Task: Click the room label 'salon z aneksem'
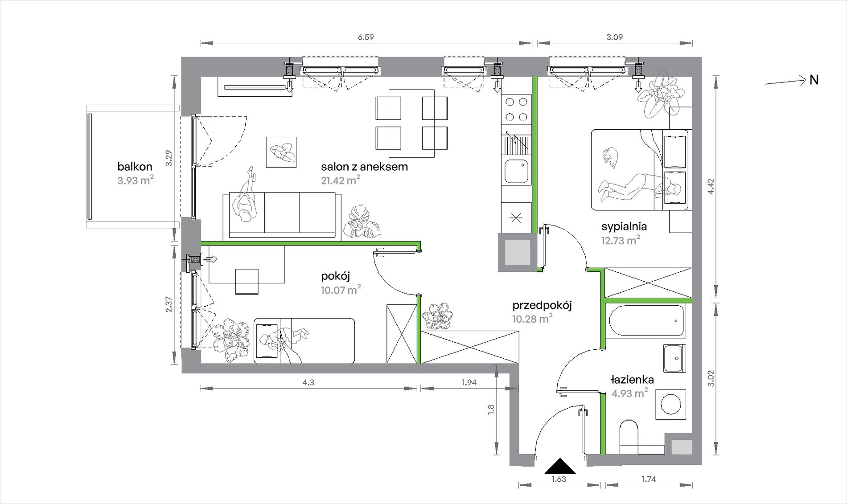coord(364,167)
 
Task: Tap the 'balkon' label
coord(135,167)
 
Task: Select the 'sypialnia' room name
coord(624,226)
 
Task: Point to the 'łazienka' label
coord(632,380)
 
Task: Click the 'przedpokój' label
coord(542,305)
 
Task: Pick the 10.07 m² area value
coord(341,290)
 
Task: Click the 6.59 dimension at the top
coord(366,37)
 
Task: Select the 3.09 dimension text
coord(614,37)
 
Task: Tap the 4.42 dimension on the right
coord(711,187)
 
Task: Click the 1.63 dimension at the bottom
coord(559,479)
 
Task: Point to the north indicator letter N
coord(814,80)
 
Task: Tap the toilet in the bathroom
coord(629,437)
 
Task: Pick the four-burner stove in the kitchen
coord(516,110)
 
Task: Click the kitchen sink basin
coord(516,172)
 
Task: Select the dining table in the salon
coord(411,123)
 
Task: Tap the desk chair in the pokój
coord(247,282)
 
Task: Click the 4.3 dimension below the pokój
coord(308,382)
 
